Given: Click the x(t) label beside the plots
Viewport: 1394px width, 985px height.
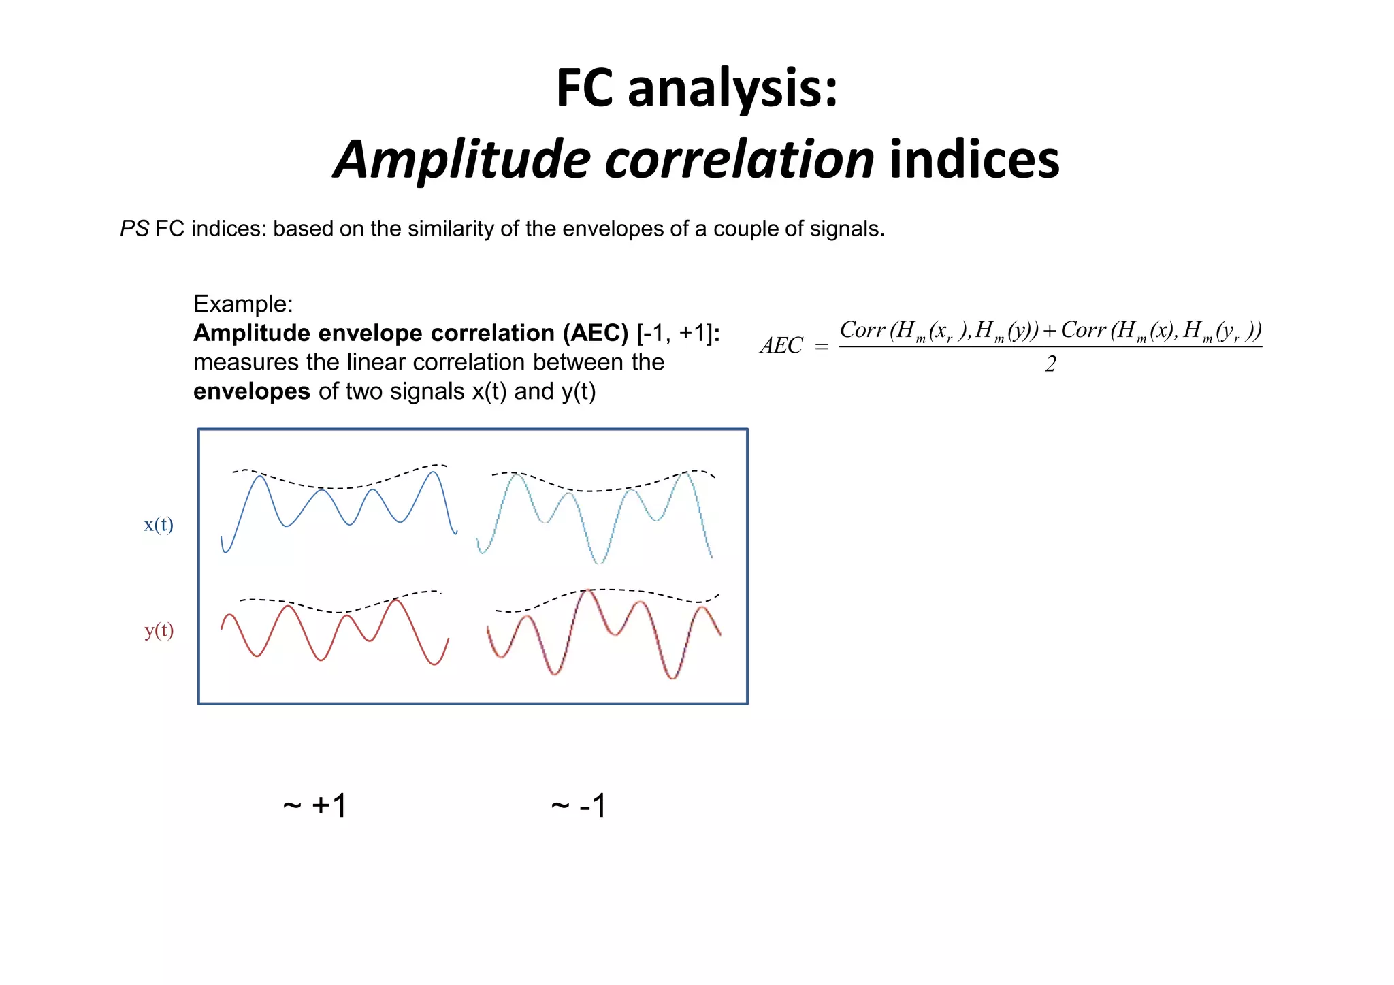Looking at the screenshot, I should [159, 525].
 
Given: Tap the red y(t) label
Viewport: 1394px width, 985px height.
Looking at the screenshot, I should [159, 630].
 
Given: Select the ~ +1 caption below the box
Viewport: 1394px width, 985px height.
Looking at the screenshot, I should [315, 806].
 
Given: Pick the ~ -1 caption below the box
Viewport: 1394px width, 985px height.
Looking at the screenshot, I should [579, 806].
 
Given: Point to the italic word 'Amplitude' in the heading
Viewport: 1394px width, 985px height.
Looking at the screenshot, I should [463, 160].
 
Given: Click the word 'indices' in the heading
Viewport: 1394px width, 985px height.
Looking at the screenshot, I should [975, 160].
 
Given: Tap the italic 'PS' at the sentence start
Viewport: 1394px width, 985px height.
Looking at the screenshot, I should [134, 229].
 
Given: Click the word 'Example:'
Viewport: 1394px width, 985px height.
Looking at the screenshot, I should [243, 304].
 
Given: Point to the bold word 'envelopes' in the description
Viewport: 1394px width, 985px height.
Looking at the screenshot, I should [251, 391].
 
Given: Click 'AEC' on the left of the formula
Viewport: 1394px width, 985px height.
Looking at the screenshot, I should [781, 346].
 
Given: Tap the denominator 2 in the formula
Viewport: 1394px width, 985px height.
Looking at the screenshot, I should [1050, 365].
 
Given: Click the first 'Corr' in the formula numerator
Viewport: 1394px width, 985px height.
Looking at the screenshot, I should [862, 330].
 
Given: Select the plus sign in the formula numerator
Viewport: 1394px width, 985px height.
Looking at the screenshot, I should [1049, 332].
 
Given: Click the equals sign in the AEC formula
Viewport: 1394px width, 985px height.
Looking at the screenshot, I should [822, 347].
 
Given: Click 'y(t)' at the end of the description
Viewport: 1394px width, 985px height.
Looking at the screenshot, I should [579, 391].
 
